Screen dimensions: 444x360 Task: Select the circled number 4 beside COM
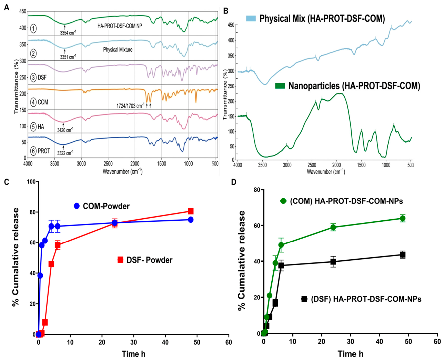[x=33, y=102]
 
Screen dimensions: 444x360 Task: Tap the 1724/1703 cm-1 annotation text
[x=130, y=106]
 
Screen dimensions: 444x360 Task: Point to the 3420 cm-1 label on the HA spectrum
[x=65, y=130]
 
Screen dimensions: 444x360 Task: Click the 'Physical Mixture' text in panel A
[x=118, y=50]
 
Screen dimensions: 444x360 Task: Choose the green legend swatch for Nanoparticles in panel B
[x=280, y=86]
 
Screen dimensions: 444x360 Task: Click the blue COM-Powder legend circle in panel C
[x=77, y=206]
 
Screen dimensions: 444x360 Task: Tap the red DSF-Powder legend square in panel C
[x=120, y=260]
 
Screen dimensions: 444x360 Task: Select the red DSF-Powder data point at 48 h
[x=191, y=211]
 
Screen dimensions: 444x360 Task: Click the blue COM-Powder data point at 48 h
[x=191, y=220]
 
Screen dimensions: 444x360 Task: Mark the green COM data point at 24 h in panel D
[x=333, y=227]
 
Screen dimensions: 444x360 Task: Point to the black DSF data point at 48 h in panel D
[x=403, y=254]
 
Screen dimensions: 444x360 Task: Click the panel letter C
[x=7, y=182]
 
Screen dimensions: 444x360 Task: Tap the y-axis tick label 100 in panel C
[x=31, y=182]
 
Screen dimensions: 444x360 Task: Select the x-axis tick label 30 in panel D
[x=350, y=341]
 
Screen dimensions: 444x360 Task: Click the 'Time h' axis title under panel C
[x=134, y=354]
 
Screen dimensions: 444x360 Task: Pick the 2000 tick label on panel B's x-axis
[x=336, y=165]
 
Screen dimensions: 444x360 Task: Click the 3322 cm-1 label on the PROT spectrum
[x=65, y=153]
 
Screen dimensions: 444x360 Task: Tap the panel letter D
[x=234, y=182]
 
